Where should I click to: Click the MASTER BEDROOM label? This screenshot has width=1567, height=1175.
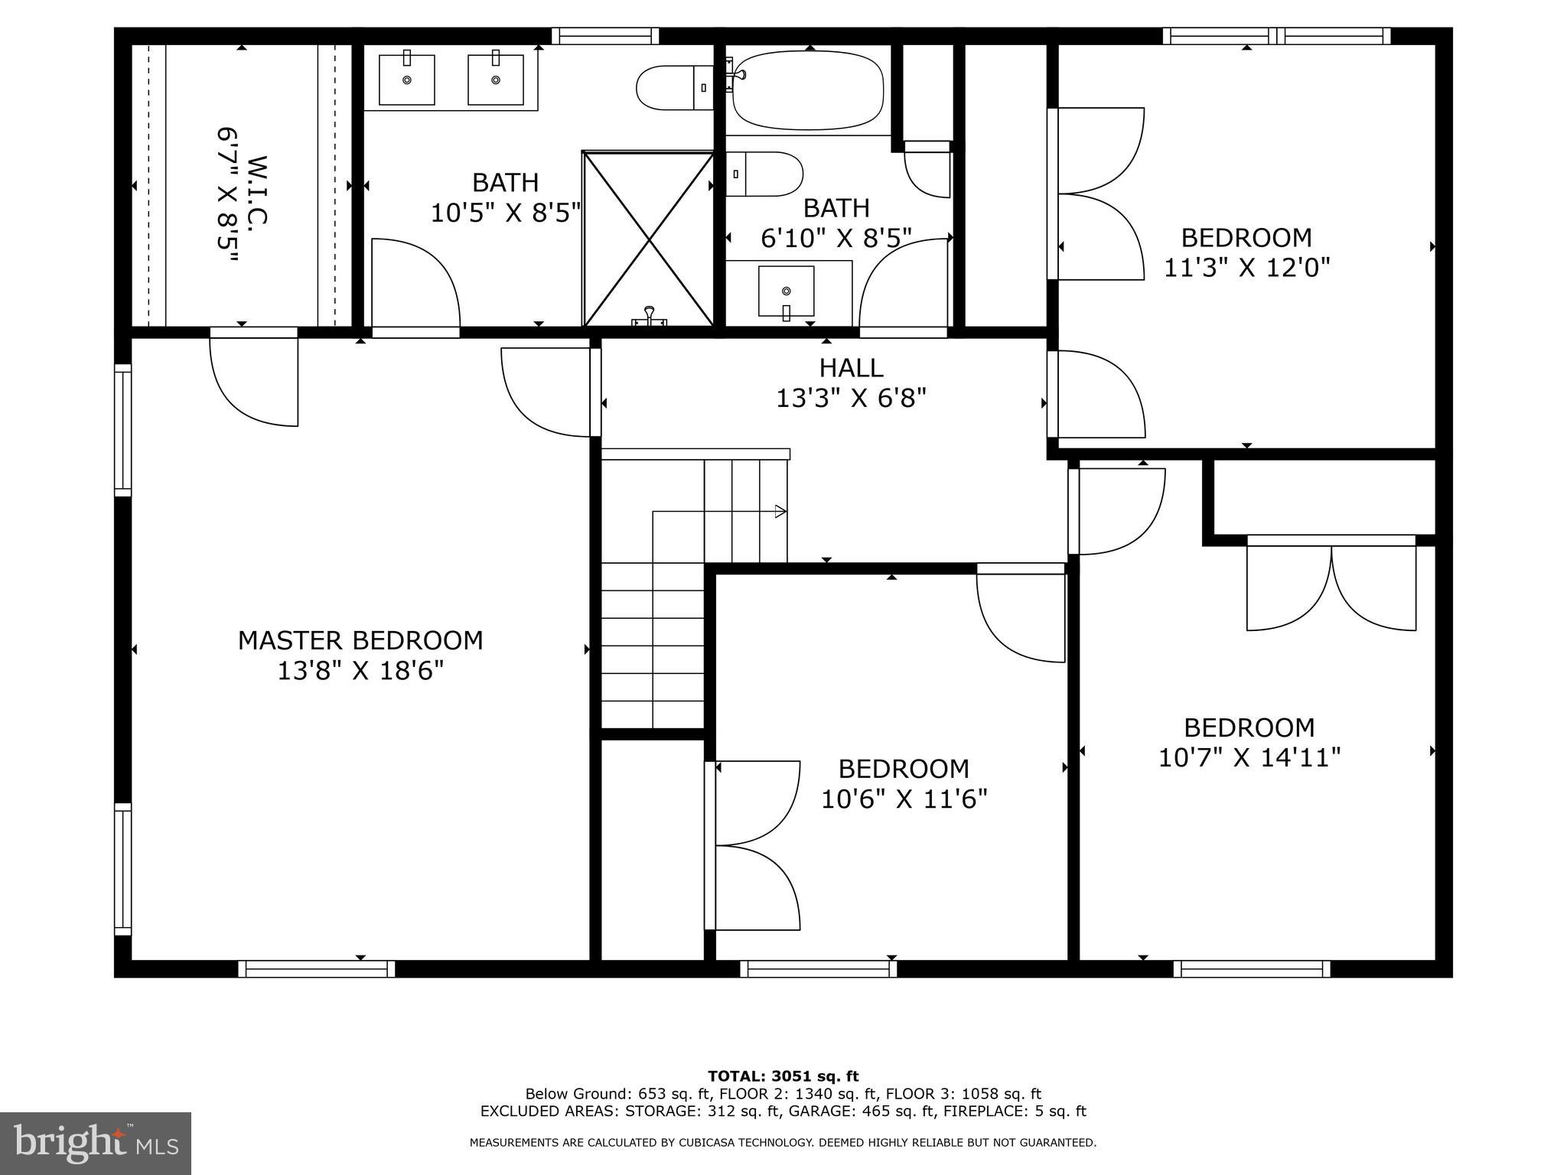pyautogui.click(x=360, y=640)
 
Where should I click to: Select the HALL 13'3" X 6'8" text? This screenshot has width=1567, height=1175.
pyautogui.click(x=851, y=383)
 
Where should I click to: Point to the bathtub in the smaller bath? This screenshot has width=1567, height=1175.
pyautogui.click(x=808, y=90)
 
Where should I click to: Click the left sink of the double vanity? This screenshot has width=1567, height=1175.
pyautogui.click(x=407, y=80)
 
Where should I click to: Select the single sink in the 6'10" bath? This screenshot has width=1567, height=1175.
pyautogui.click(x=787, y=291)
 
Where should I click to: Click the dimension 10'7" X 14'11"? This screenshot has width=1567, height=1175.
pyautogui.click(x=1249, y=758)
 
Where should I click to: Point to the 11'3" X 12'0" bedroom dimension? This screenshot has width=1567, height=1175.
pyautogui.click(x=1246, y=268)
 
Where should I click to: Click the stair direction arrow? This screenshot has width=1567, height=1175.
pyautogui.click(x=780, y=511)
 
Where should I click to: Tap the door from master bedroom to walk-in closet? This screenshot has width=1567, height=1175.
pyautogui.click(x=254, y=379)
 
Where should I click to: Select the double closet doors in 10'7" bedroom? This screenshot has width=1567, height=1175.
pyautogui.click(x=1331, y=585)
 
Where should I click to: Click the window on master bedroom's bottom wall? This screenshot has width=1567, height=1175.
pyautogui.click(x=317, y=969)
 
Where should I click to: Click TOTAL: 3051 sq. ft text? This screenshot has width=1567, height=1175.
pyautogui.click(x=783, y=1076)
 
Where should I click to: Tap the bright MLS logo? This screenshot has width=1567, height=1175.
pyautogui.click(x=96, y=1144)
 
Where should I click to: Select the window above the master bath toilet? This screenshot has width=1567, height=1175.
pyautogui.click(x=605, y=36)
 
